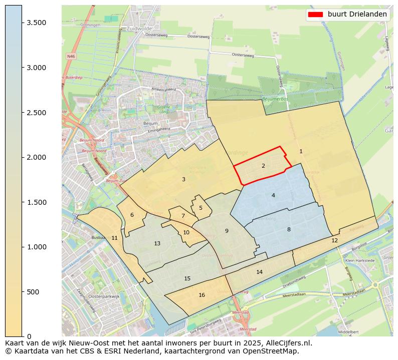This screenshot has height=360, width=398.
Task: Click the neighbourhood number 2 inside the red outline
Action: (263, 166)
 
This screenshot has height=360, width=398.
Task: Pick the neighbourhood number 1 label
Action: (301, 151)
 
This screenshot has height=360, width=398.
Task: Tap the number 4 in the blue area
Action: (273, 195)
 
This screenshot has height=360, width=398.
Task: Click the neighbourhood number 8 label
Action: (289, 229)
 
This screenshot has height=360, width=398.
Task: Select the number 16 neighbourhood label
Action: (202, 295)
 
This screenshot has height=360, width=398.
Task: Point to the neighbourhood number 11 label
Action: (114, 238)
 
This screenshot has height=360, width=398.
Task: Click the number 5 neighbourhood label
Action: (201, 208)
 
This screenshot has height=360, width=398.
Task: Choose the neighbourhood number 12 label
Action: (334, 240)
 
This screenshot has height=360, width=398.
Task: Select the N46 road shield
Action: (71, 57)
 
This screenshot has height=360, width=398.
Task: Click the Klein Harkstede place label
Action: (360, 261)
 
